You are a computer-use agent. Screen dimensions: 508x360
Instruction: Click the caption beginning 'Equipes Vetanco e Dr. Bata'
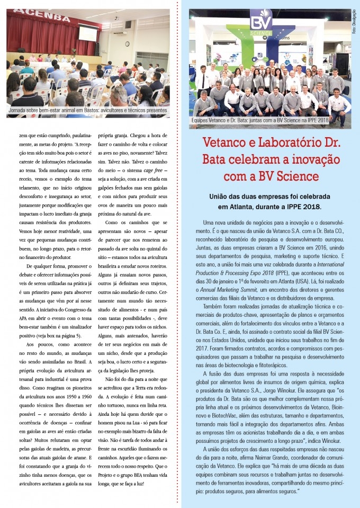tap(260, 121)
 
